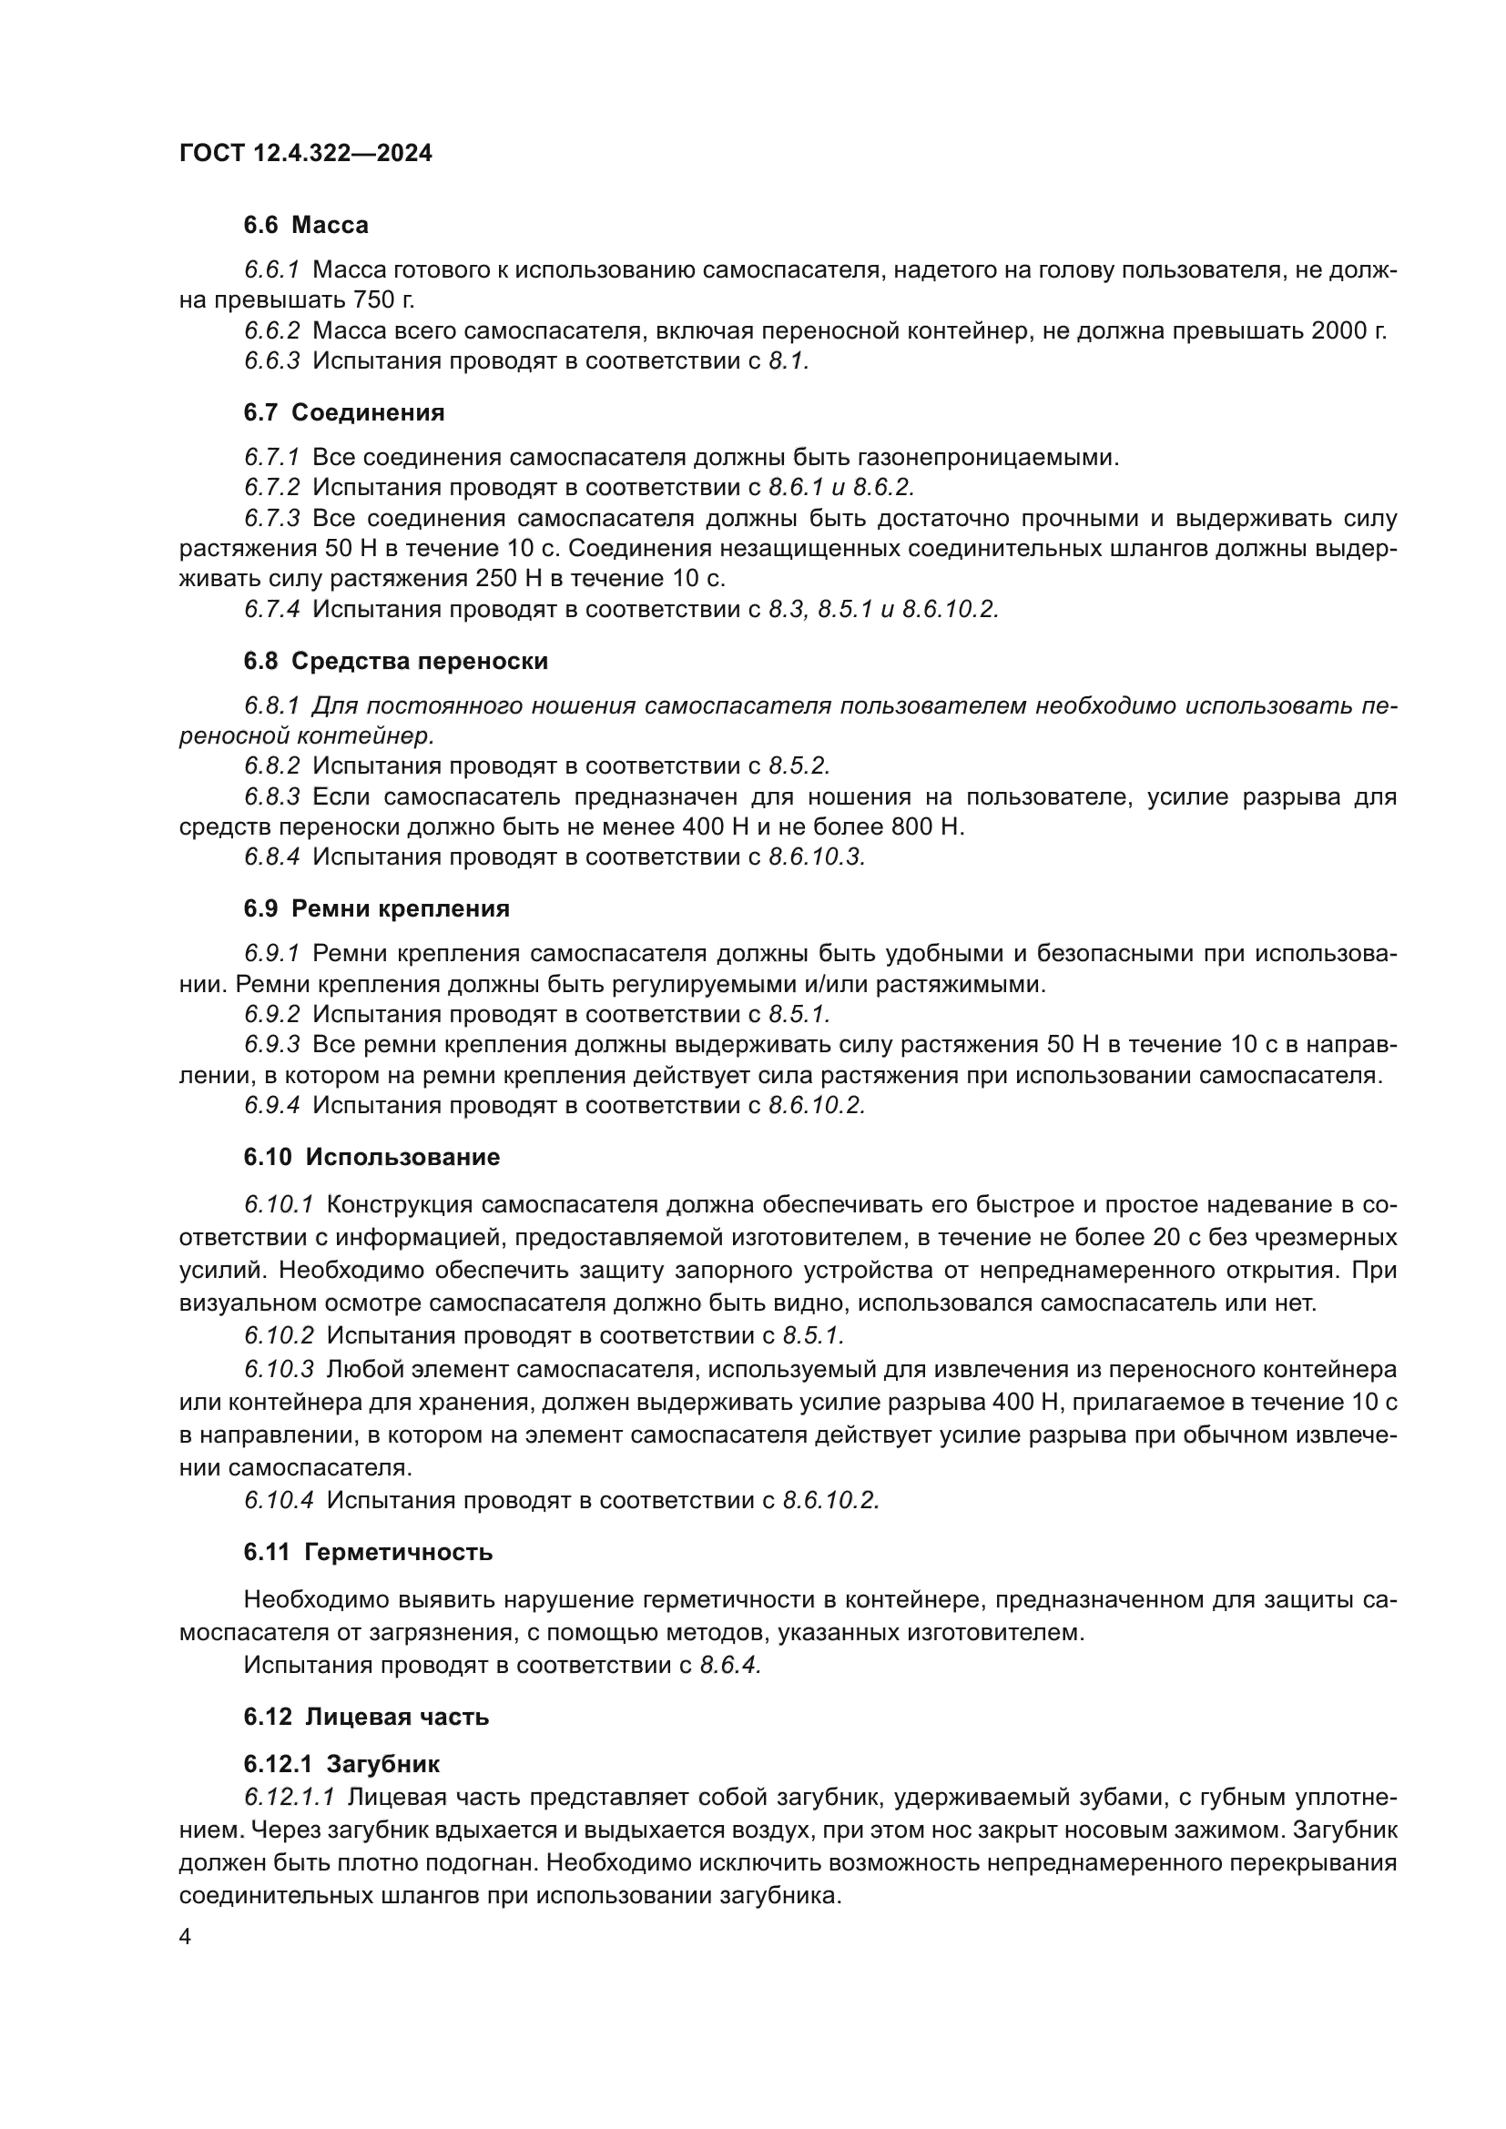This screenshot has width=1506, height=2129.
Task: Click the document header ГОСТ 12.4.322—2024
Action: [305, 153]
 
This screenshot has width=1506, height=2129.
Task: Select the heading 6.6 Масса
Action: [306, 226]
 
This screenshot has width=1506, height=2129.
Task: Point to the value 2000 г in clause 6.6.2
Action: [1348, 331]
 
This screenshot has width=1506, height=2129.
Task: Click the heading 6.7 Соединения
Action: [344, 412]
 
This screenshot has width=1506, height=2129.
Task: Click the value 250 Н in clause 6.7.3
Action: [507, 579]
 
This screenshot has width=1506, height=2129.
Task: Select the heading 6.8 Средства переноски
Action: [396, 661]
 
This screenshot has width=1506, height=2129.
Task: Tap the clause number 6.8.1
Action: [271, 705]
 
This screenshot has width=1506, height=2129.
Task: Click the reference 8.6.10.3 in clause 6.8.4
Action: [816, 857]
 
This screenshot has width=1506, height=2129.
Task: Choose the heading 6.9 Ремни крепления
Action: [377, 908]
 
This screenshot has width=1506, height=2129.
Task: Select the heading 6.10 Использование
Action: [371, 1157]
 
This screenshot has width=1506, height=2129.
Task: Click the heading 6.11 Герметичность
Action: [368, 1552]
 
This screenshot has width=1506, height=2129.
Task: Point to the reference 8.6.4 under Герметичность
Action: [730, 1665]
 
